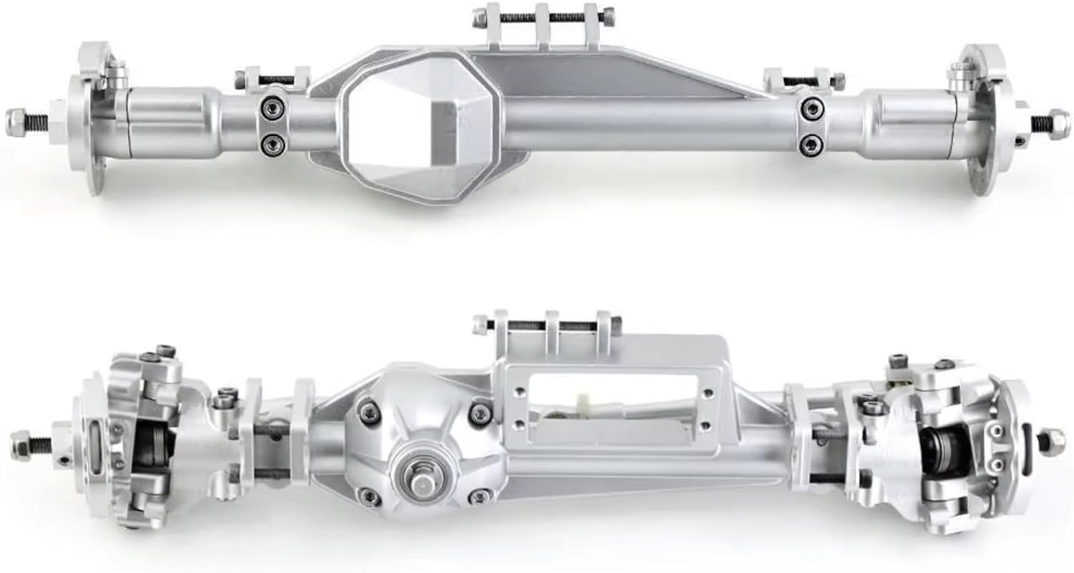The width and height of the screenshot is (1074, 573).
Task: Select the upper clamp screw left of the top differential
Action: pyautogui.click(x=272, y=106)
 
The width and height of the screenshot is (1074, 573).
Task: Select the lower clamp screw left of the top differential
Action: pyautogui.click(x=272, y=145)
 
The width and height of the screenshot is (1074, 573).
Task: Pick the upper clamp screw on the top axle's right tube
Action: pyautogui.click(x=810, y=109)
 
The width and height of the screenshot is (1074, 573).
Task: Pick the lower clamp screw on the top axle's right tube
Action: pyautogui.click(x=810, y=141)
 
